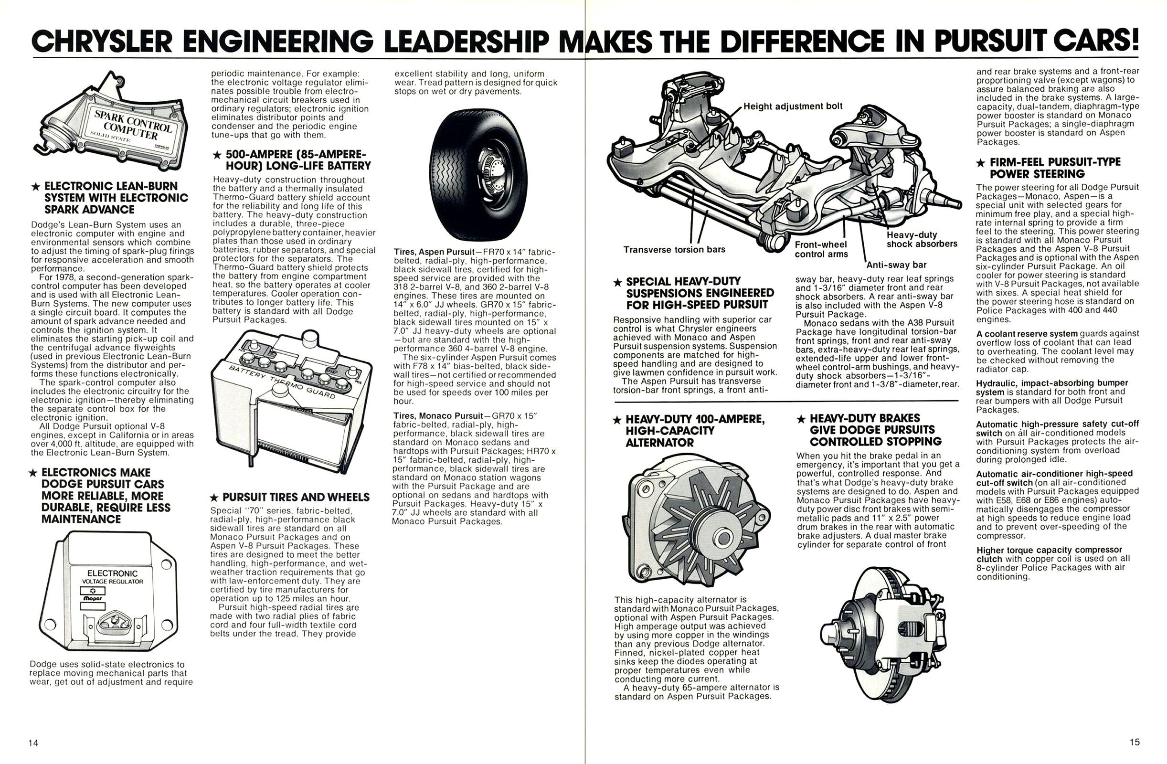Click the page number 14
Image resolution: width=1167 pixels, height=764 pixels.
(x=33, y=743)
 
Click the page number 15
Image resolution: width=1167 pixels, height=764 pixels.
(x=1135, y=742)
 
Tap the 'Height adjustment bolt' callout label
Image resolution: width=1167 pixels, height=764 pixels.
(x=793, y=106)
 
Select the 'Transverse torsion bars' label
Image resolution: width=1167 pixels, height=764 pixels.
(x=674, y=250)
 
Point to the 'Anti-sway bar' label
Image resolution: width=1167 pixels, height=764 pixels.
(x=896, y=265)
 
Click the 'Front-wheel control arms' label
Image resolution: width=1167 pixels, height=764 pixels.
(x=821, y=249)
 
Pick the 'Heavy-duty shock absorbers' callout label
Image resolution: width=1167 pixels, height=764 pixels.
(x=922, y=239)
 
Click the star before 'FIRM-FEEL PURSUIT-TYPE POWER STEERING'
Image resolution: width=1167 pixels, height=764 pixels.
(x=980, y=162)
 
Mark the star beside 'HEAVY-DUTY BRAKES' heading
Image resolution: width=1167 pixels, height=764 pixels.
(x=801, y=419)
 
